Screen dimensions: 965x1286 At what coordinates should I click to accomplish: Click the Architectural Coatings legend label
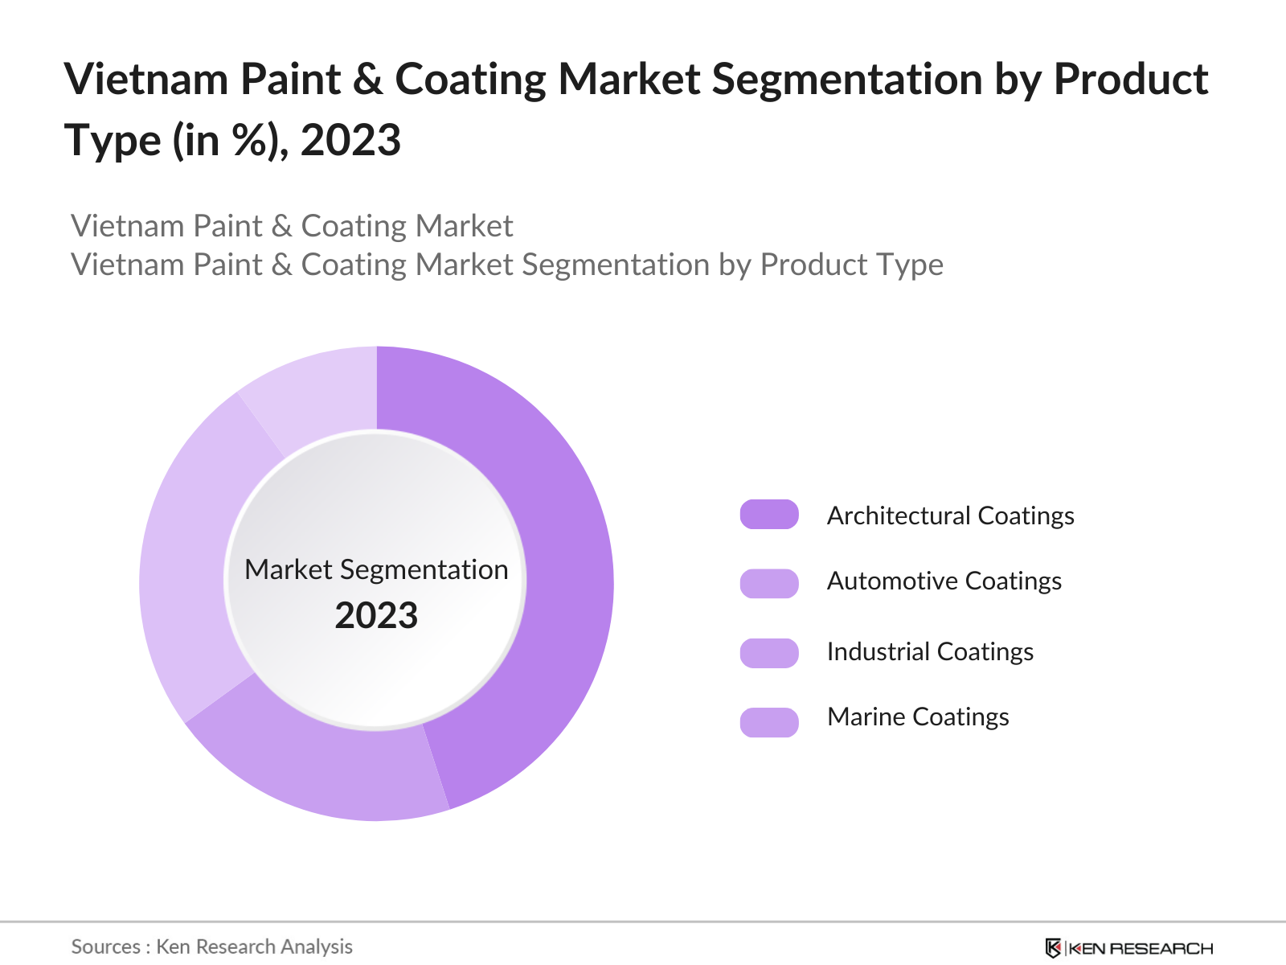click(x=950, y=515)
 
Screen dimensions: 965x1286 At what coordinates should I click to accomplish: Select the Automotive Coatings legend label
click(x=944, y=581)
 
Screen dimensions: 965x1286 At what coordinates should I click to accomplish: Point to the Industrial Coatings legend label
click(x=930, y=651)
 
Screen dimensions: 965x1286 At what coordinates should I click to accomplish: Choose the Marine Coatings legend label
click(x=918, y=717)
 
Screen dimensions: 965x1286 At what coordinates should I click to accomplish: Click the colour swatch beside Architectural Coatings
click(x=769, y=515)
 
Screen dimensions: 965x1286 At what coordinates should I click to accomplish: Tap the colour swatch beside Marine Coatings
click(x=769, y=722)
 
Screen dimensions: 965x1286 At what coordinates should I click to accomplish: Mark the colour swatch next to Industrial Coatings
click(x=769, y=653)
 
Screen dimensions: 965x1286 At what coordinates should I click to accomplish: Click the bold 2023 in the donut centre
click(x=376, y=616)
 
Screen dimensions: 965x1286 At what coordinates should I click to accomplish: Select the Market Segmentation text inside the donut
click(x=376, y=569)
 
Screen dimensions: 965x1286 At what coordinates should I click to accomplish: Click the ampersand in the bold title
click(x=367, y=80)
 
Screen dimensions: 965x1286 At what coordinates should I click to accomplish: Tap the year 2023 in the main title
click(x=350, y=141)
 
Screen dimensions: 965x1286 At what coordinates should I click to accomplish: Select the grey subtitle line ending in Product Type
click(x=507, y=265)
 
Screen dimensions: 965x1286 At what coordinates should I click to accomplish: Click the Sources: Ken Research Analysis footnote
click(x=212, y=947)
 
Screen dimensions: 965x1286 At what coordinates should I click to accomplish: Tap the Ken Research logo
click(x=1128, y=948)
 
